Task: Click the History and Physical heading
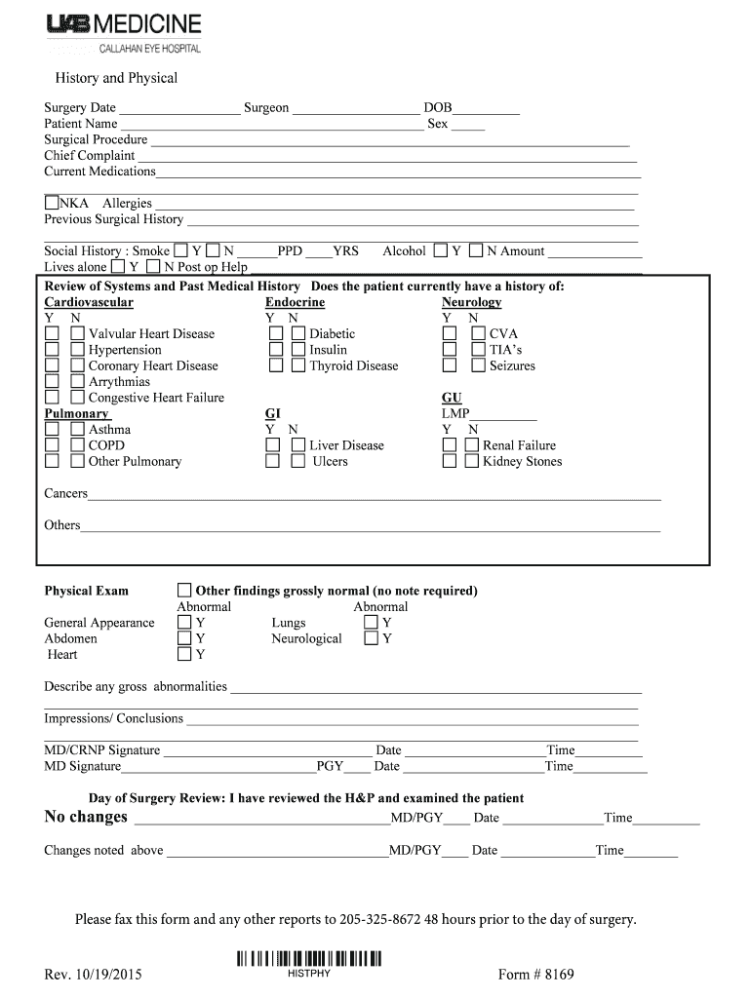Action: click(x=115, y=78)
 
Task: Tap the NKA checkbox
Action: click(x=52, y=204)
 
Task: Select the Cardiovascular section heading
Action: click(x=89, y=303)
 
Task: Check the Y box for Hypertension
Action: click(x=52, y=350)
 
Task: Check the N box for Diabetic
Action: click(x=298, y=334)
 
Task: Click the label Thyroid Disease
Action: click(x=354, y=366)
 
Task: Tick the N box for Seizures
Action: click(x=478, y=366)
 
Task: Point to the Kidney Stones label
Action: click(x=523, y=462)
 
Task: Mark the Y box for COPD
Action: click(x=52, y=445)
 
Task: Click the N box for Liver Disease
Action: click(x=298, y=445)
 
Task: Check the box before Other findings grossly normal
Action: click(x=184, y=591)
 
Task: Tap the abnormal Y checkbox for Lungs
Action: click(x=371, y=623)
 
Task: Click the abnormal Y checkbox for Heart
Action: click(x=184, y=655)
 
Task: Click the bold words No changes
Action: click(x=86, y=817)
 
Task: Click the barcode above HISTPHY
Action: click(x=309, y=958)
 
